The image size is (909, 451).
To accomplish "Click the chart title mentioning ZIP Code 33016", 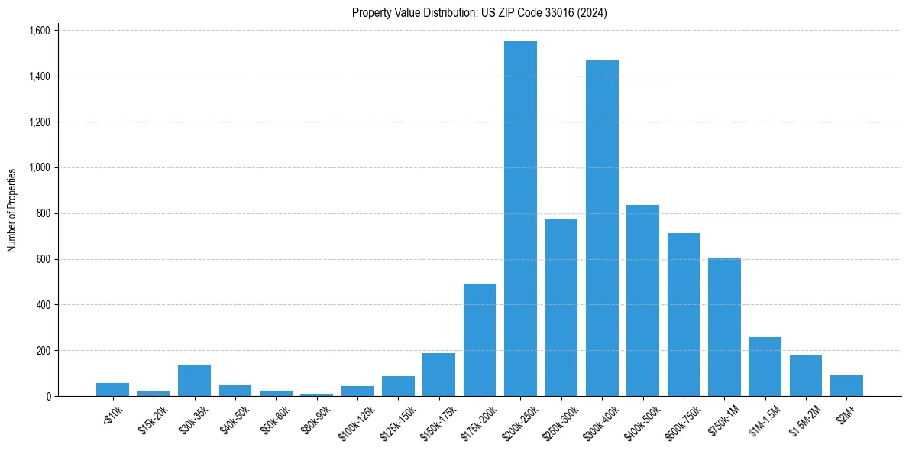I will pos(479,13).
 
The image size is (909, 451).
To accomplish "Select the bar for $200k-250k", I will pos(520,219).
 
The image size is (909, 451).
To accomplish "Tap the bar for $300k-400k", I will pos(602,228).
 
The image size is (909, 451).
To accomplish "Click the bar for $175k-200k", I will pos(480,339).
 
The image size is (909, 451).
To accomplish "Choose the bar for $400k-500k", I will pos(642,300).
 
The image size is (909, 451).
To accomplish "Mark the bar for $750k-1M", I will pos(724,326).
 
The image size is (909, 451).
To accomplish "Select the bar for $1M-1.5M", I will pos(765,366).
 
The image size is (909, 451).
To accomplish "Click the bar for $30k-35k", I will pos(194,380).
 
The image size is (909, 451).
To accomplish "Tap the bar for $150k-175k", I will pos(438,375).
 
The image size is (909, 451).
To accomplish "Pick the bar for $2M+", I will pos(846,385).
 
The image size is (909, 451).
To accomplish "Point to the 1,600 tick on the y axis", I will pos(39,31).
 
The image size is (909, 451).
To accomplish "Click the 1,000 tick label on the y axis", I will pos(39,167).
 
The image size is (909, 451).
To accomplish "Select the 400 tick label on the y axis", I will pos(43,305).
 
